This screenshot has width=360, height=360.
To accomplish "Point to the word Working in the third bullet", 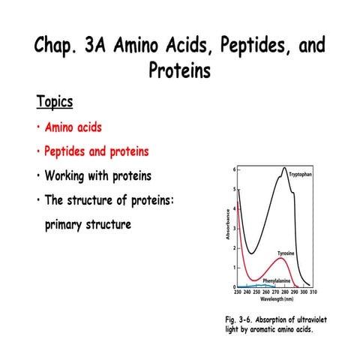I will coord(69,176).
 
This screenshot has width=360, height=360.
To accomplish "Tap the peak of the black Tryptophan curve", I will coord(285,168).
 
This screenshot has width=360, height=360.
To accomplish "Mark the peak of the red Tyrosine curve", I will coord(278,259).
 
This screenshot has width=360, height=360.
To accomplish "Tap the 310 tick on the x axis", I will coord(313,293).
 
